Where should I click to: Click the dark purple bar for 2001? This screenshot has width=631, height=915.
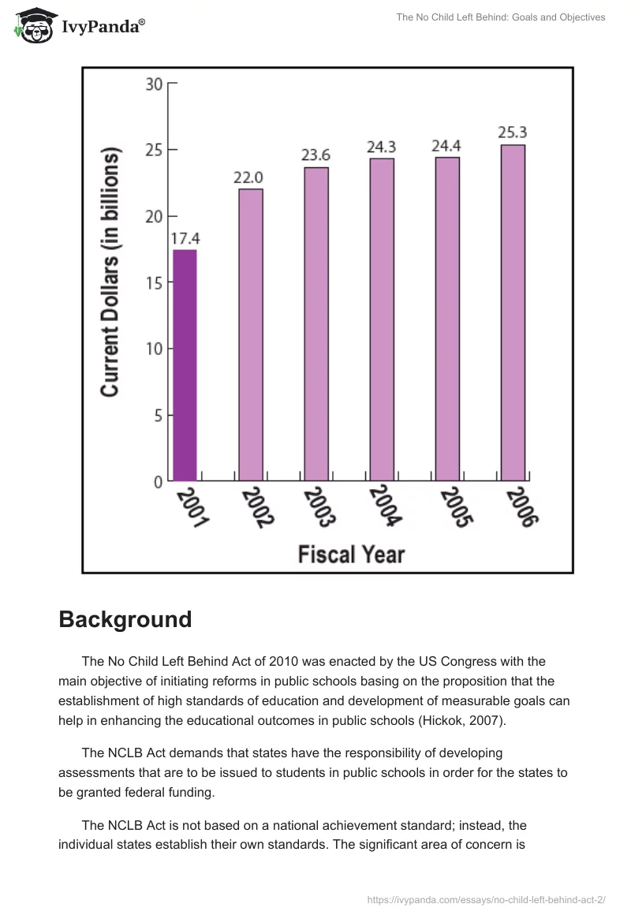pos(185,365)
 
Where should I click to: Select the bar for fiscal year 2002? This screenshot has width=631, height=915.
pos(251,334)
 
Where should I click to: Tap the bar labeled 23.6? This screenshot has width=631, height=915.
pos(316,323)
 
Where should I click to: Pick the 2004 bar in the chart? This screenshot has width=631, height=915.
pos(382,319)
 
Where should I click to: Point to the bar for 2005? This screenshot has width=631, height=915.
pos(447,319)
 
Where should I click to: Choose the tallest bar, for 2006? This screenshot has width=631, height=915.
pos(513,312)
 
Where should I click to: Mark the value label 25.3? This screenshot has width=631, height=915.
pos(513,133)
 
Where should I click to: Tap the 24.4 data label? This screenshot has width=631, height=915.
pos(446,145)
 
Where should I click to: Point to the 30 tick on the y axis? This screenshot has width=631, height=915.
pos(154,84)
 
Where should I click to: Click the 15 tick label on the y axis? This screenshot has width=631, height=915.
pos(154,282)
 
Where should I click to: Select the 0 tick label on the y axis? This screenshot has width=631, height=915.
pos(159,481)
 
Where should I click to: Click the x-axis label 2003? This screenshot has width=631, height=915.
pos(319,507)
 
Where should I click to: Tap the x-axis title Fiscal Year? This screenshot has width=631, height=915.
pos(351,554)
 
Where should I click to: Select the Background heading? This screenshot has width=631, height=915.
pos(125,619)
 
